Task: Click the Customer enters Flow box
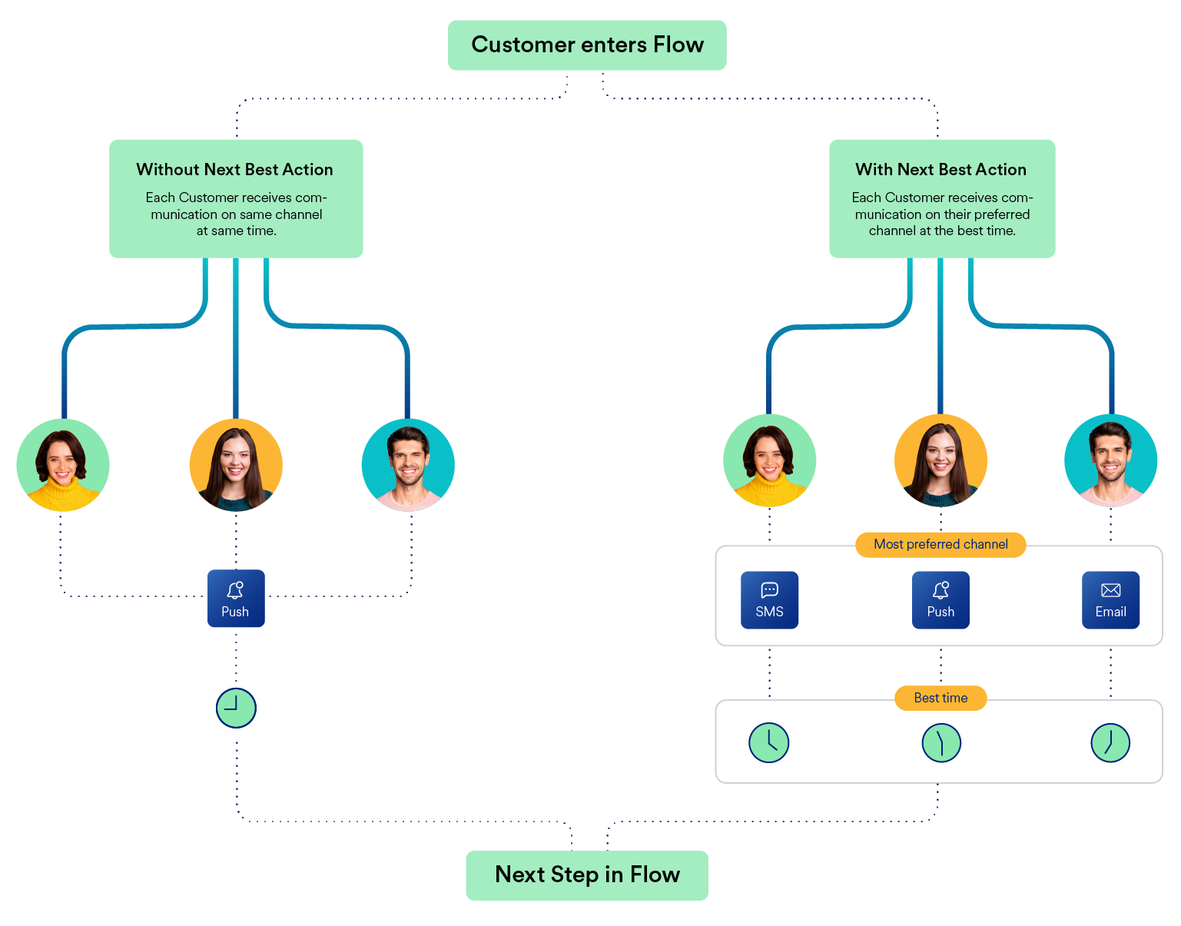tap(587, 45)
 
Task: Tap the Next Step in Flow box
tap(587, 875)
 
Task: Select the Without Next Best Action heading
tap(235, 170)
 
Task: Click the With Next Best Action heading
tap(941, 170)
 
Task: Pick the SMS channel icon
tap(769, 600)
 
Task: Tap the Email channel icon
tap(1110, 600)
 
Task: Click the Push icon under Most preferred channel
tap(940, 600)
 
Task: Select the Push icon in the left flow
tap(236, 599)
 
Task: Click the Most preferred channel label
tap(940, 544)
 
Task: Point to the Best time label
tap(940, 698)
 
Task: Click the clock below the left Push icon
tap(236, 708)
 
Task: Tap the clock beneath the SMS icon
tap(768, 742)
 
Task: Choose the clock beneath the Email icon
tap(1110, 742)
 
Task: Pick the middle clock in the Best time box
tap(940, 742)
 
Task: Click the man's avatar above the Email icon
tap(1110, 460)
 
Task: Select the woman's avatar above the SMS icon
tap(769, 460)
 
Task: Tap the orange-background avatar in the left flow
tap(236, 465)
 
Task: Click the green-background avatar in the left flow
tap(63, 465)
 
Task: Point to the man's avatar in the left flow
tap(408, 465)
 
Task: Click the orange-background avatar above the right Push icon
tap(940, 460)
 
